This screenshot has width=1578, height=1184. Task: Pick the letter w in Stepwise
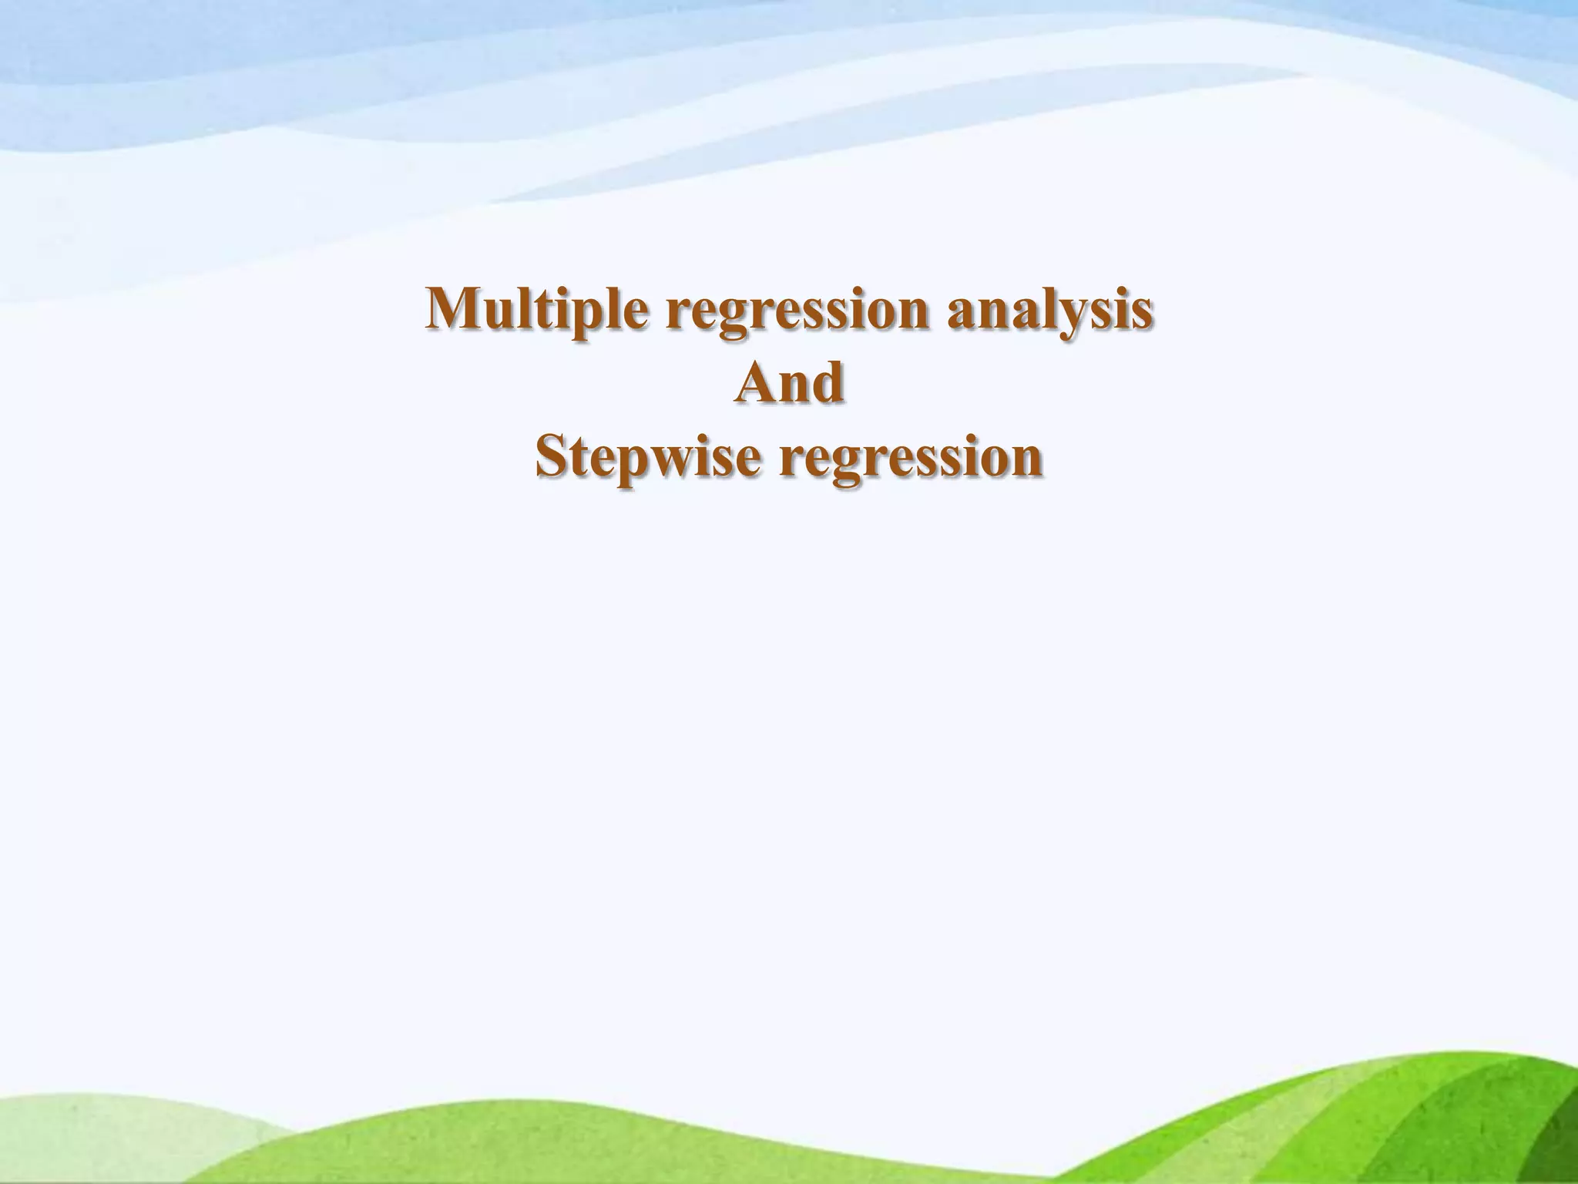[674, 461]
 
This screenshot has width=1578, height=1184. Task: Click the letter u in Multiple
[503, 313]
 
